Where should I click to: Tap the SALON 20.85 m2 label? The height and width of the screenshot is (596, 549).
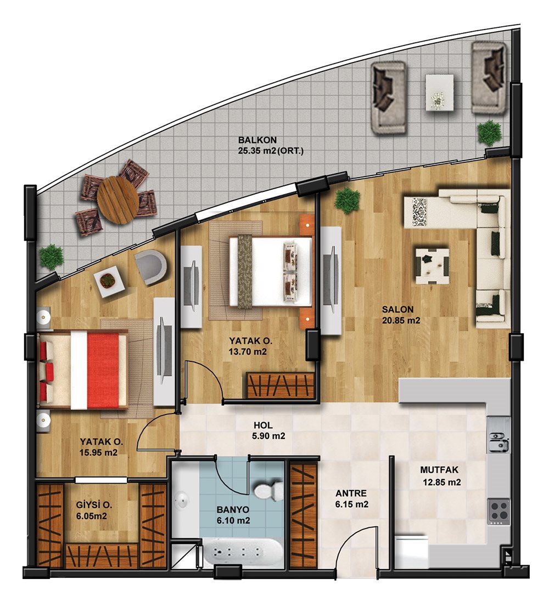401,315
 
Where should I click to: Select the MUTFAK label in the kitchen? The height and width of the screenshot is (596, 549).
439,470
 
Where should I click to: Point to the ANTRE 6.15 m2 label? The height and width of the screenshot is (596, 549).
351,499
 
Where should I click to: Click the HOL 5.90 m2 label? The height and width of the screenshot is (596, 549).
268,430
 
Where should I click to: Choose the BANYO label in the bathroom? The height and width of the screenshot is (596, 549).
233,510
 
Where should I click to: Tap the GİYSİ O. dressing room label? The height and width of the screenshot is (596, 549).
93,506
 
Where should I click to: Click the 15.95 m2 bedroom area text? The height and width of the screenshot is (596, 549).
98,452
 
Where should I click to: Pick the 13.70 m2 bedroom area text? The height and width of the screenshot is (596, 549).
248,351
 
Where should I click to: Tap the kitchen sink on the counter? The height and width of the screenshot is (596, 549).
498,441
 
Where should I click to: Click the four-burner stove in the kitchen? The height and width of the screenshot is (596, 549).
499,511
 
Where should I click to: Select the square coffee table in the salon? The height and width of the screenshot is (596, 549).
432,266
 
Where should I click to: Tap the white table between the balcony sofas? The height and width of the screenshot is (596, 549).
440,92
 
